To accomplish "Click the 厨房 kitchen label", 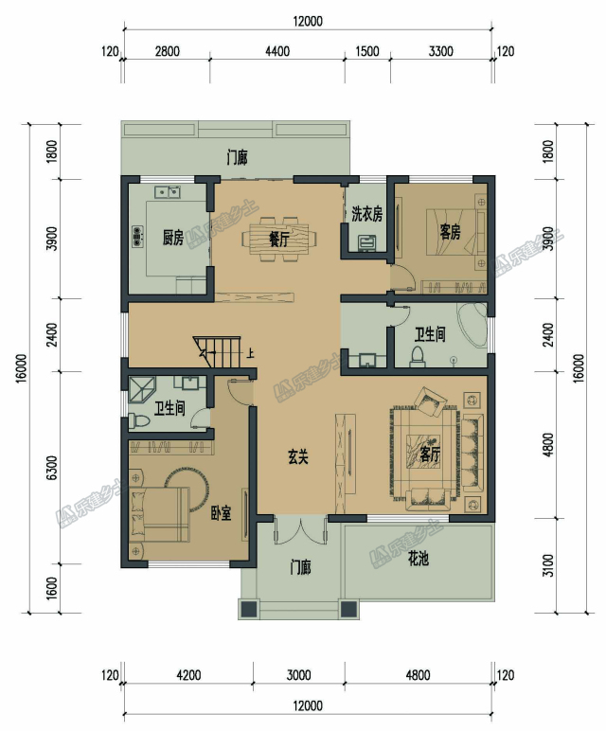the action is point(173,238).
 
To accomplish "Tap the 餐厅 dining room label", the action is point(278,240).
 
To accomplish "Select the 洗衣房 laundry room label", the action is point(366,214).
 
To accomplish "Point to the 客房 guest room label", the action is point(451,232).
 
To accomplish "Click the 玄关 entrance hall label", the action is point(298,456).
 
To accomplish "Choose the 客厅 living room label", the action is point(430,455).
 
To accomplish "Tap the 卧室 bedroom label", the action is point(221,513).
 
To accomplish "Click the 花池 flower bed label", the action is point(419,558).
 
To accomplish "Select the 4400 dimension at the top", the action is point(277,51).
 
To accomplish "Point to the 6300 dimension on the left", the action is point(52,468).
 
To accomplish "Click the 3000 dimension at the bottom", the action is point(298,674).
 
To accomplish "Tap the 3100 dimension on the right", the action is point(549,565).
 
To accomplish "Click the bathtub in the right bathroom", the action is point(472,325).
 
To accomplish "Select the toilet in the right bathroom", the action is point(417,357).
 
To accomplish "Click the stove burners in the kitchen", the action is point(137,236).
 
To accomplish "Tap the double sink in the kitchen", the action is point(169,191).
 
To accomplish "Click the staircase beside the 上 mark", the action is point(217,352).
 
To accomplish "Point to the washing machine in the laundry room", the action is point(366,243).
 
